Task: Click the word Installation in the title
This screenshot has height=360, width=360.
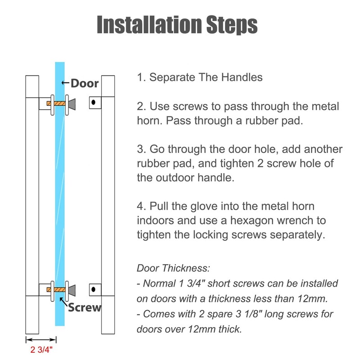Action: (x=149, y=25)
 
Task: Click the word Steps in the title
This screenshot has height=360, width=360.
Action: (x=232, y=26)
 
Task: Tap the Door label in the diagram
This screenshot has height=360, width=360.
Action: (x=85, y=83)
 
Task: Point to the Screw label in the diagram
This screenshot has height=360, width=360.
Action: (x=85, y=307)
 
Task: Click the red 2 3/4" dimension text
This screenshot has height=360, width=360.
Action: (x=41, y=350)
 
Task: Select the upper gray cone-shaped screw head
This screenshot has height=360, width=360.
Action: (x=72, y=104)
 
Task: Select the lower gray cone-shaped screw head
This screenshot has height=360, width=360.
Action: (x=72, y=290)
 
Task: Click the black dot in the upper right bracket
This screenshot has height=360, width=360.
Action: (x=94, y=102)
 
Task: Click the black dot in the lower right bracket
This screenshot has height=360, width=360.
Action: (x=94, y=289)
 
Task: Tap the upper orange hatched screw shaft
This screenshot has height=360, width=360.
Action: (x=56, y=103)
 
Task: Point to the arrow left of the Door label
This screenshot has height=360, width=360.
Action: (x=65, y=83)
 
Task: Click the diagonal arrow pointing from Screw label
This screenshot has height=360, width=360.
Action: (x=63, y=301)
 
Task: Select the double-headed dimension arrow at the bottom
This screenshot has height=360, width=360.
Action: (x=41, y=340)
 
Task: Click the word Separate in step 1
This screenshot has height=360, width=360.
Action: (x=173, y=77)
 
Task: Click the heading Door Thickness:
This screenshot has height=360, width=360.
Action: (x=173, y=268)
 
